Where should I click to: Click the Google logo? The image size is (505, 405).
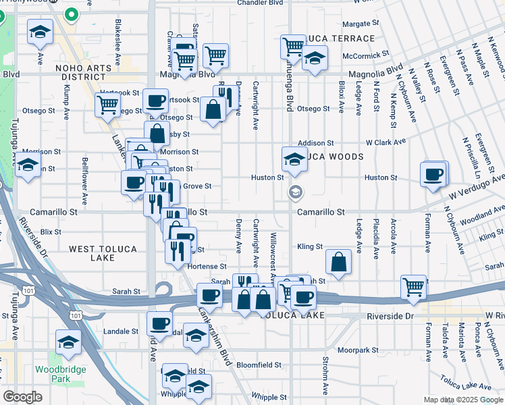point(22,397)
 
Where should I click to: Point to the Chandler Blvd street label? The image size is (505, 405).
point(261,3)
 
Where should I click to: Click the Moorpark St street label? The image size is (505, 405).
point(358,350)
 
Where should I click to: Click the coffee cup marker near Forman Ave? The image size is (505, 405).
point(433,174)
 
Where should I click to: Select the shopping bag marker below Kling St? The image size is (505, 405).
point(338,262)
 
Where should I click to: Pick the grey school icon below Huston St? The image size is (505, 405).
point(294,192)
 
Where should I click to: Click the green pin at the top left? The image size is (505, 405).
point(71,13)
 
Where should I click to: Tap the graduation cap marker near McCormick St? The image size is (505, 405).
point(315,58)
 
